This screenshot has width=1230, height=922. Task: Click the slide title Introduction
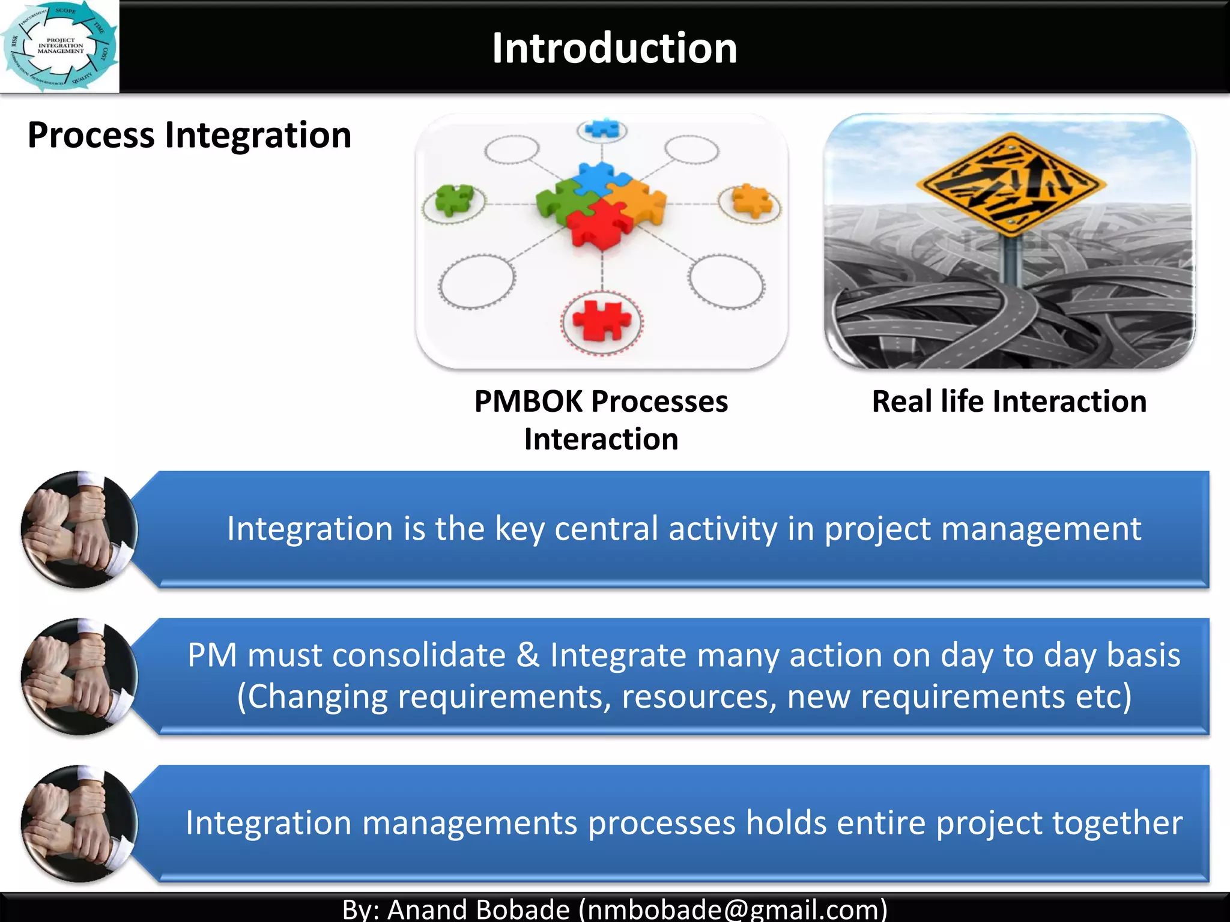tap(614, 48)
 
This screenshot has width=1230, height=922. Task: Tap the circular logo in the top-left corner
tap(59, 46)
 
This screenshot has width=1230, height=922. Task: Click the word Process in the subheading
tap(91, 135)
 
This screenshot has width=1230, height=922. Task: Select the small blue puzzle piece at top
tap(602, 128)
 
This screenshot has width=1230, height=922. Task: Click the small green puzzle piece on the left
tap(454, 199)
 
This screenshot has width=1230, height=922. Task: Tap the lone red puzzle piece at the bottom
tap(602, 321)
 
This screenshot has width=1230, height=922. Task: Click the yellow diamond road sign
tap(1012, 184)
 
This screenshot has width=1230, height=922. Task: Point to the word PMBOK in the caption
tap(528, 401)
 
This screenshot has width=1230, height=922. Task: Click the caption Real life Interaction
tap(1009, 401)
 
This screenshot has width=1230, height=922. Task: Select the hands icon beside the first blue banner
tap(79, 529)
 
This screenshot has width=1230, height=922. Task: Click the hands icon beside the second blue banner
tap(79, 676)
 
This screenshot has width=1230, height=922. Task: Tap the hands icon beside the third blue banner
tap(79, 824)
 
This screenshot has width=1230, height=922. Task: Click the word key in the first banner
tap(519, 529)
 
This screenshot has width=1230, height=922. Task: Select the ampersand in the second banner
tap(528, 655)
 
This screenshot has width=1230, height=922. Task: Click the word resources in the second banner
tap(698, 697)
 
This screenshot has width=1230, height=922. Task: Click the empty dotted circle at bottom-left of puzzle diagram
tap(477, 282)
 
